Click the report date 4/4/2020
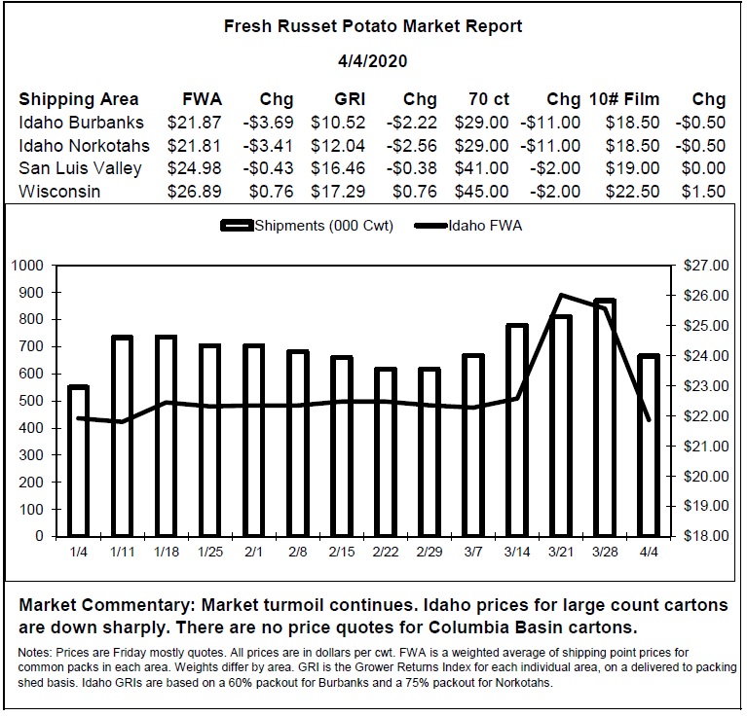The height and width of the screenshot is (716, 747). pyautogui.click(x=373, y=61)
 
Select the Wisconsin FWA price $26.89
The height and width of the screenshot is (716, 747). pyautogui.click(x=195, y=192)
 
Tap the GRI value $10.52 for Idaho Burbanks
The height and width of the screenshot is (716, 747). pyautogui.click(x=338, y=123)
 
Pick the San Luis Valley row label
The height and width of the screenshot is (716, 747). pyautogui.click(x=80, y=168)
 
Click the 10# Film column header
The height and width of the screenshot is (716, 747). pyautogui.click(x=624, y=99)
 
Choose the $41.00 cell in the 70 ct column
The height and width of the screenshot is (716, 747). pyautogui.click(x=482, y=168)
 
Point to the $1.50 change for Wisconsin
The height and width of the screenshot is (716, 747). pyautogui.click(x=703, y=192)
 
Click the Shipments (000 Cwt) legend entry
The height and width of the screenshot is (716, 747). pyautogui.click(x=307, y=226)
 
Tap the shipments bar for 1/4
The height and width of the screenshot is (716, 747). pyautogui.click(x=79, y=461)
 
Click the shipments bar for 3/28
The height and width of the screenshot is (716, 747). pyautogui.click(x=605, y=418)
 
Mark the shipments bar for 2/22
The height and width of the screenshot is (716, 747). pyautogui.click(x=386, y=452)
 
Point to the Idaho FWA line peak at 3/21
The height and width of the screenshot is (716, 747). pyautogui.click(x=561, y=296)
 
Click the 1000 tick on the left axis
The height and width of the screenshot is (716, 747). pyautogui.click(x=27, y=265)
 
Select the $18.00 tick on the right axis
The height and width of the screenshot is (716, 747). pyautogui.click(x=706, y=536)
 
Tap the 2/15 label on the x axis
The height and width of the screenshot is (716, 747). pyautogui.click(x=342, y=552)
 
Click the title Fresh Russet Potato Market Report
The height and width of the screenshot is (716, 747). pyautogui.click(x=373, y=26)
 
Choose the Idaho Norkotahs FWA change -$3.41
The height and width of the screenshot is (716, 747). pyautogui.click(x=268, y=146)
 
